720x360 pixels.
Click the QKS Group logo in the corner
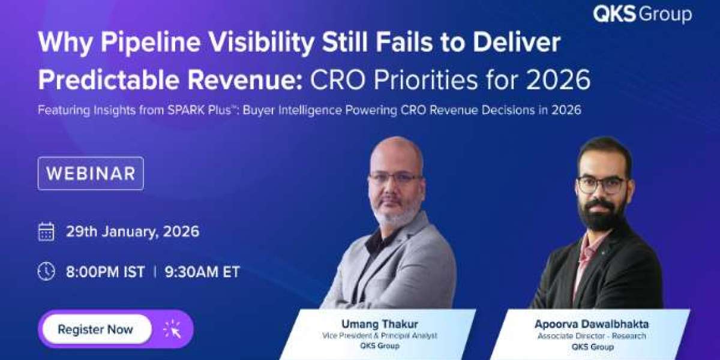(x=642, y=14)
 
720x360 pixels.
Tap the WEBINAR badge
(x=91, y=173)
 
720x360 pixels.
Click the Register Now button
(x=96, y=329)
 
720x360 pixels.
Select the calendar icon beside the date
(x=46, y=232)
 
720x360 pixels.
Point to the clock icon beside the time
(x=46, y=271)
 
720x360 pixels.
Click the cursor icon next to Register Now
(x=172, y=329)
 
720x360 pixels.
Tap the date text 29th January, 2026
(x=133, y=232)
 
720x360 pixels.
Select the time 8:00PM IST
(x=105, y=272)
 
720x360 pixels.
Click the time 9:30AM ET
(x=202, y=272)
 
